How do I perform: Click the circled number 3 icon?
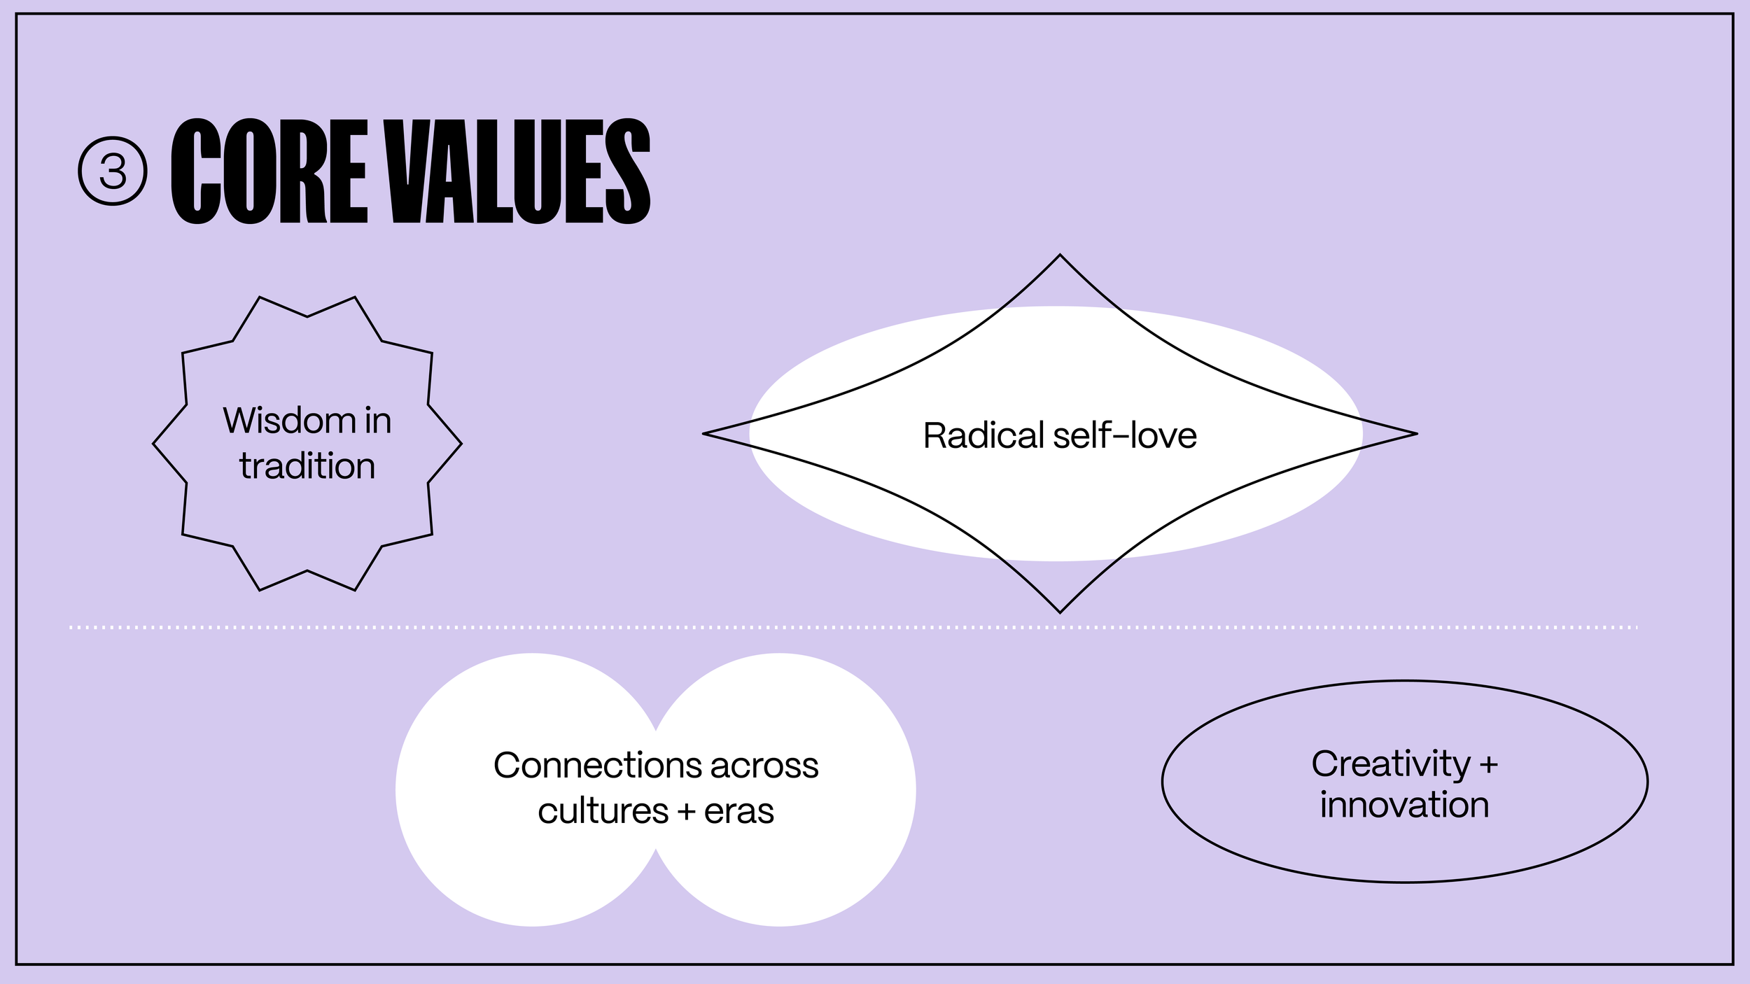[113, 171]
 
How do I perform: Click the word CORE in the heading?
[269, 171]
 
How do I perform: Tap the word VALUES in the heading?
[521, 171]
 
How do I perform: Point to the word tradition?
[307, 466]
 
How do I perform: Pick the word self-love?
[1125, 435]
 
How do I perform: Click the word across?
[764, 766]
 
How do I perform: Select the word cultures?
[603, 812]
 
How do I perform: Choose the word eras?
[739, 812]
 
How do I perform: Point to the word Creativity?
[1391, 764]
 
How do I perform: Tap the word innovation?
[1405, 806]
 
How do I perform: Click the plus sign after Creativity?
[1489, 765]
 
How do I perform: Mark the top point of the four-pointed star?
[1060, 256]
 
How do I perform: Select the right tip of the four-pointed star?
[1415, 434]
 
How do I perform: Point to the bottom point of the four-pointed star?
[1060, 612]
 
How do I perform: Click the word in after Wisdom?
[378, 421]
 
